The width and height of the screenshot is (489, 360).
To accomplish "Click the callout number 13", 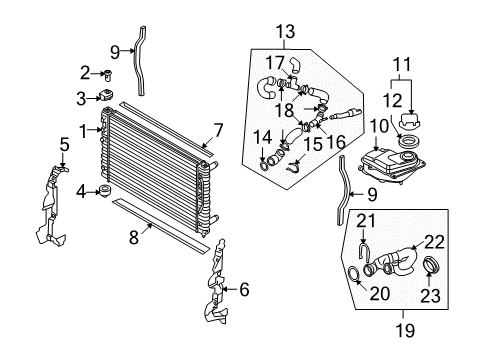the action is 286,32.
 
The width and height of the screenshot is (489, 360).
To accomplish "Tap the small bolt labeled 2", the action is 107,75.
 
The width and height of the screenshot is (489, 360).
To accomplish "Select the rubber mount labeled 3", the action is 106,95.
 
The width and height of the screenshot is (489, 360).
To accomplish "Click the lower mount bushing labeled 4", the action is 105,191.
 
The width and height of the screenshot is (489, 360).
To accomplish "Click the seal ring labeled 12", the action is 407,141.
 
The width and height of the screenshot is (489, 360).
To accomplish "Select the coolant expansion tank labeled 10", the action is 392,166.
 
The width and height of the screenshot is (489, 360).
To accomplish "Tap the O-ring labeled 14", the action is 263,165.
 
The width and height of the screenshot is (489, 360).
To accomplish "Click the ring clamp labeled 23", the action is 431,264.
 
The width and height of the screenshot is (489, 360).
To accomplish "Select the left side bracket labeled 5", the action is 51,207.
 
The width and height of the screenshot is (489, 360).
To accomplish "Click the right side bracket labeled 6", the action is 217,283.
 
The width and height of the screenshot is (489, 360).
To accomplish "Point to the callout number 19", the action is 405,331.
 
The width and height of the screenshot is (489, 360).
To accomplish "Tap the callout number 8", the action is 134,238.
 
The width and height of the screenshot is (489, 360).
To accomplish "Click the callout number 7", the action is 218,131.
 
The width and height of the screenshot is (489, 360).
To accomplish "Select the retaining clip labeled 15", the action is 293,167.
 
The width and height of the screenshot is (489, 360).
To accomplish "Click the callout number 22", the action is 434,242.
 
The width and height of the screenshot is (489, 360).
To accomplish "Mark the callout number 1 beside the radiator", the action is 83,131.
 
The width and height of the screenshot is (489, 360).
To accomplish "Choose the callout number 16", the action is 335,143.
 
